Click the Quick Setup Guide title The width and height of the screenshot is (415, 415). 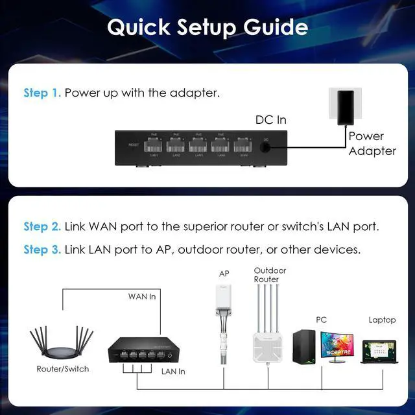tap(207, 27)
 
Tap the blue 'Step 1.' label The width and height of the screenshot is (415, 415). tap(42, 93)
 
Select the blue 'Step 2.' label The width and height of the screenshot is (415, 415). tap(42, 227)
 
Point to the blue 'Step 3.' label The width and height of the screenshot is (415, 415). tap(42, 250)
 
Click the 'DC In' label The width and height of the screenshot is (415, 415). tap(270, 120)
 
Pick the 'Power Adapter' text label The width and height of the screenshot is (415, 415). tap(372, 143)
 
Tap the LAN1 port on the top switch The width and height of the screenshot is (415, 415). tap(154, 145)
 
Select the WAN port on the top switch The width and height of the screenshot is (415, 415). tap(243, 145)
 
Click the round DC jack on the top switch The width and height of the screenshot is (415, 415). tap(266, 147)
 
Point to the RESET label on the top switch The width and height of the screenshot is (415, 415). tap(134, 145)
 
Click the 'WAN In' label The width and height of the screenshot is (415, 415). tap(143, 297)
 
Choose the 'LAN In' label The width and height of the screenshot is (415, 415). tap(172, 372)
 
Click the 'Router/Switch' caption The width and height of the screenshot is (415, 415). tap(63, 369)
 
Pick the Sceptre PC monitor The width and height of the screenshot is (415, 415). tap(336, 347)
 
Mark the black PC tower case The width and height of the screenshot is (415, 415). tap(303, 347)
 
